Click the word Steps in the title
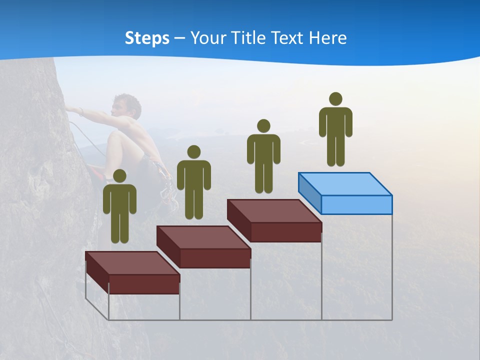point(147,38)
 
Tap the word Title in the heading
point(249,38)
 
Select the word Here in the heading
point(328,38)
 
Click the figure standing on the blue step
point(335,130)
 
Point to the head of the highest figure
point(335,99)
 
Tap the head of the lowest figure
point(119,176)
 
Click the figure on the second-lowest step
point(193,183)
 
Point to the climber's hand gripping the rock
point(70,109)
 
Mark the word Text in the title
point(287,38)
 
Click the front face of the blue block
point(356,204)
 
